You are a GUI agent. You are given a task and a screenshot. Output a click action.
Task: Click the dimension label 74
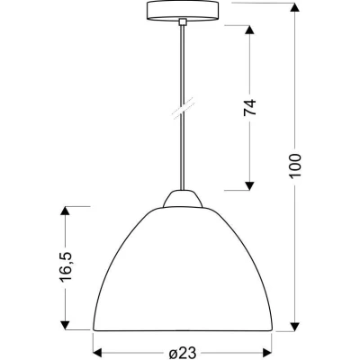pyautogui.click(x=249, y=107)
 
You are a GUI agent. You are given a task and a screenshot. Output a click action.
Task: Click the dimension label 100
pyautogui.click(x=295, y=166)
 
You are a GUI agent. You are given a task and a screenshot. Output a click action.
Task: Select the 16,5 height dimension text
pyautogui.click(x=66, y=266)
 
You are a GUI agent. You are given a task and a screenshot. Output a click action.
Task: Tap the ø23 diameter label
pyautogui.click(x=182, y=352)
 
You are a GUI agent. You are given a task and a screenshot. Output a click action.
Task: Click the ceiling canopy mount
pyautogui.click(x=182, y=11)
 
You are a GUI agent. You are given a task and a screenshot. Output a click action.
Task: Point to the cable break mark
pyautogui.click(x=183, y=108)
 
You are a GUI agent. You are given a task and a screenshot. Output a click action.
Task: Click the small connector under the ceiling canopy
pyautogui.click(x=182, y=22)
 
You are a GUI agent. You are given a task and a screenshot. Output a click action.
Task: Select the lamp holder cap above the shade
pyautogui.click(x=183, y=198)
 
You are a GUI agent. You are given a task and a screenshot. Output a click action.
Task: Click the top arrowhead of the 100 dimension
pyautogui.click(x=295, y=7)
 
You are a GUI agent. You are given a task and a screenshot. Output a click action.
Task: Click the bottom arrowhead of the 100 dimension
pyautogui.click(x=295, y=327)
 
